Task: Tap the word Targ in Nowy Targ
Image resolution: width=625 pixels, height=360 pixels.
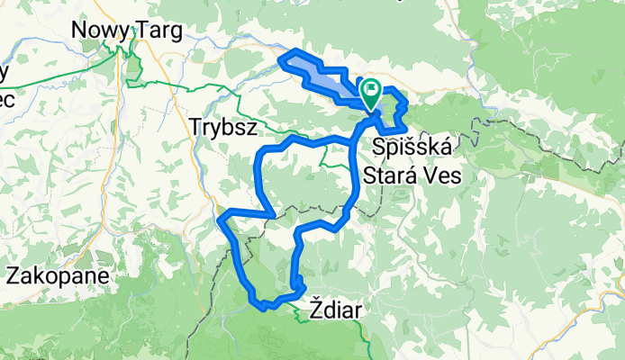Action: point(160,31)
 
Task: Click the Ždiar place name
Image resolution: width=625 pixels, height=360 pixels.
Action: point(335,310)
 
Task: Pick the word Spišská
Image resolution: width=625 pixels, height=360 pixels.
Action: point(413,146)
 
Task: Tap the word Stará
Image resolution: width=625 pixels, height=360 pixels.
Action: point(391,175)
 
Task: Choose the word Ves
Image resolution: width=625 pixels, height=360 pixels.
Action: point(442,175)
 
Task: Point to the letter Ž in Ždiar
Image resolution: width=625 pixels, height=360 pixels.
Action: point(315,310)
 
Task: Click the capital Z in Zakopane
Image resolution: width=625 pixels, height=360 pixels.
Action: point(13,275)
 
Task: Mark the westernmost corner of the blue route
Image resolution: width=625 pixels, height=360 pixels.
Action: point(220,214)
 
